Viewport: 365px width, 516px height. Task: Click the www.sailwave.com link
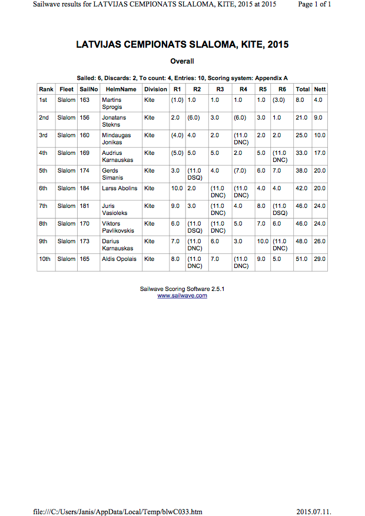(x=182, y=296)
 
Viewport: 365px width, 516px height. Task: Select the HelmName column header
(x=121, y=90)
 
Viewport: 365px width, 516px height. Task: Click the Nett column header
(x=320, y=90)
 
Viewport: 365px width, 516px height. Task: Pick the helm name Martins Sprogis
(x=112, y=104)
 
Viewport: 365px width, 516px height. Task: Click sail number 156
(x=85, y=118)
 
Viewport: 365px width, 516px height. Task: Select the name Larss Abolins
(x=120, y=188)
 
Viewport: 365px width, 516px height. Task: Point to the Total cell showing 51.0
(x=301, y=259)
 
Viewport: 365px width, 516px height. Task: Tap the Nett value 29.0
(x=320, y=259)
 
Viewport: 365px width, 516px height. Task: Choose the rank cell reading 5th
(x=44, y=171)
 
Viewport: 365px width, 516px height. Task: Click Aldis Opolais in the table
(x=119, y=259)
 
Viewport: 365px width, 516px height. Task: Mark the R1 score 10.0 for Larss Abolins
(x=176, y=188)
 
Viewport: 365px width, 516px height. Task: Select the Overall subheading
(x=182, y=61)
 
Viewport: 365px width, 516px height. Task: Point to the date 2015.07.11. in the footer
(x=314, y=511)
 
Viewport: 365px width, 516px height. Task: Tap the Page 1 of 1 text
(x=315, y=4)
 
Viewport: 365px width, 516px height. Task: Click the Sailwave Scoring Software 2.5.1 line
(x=182, y=289)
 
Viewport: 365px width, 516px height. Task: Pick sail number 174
(x=85, y=171)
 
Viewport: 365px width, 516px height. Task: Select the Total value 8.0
(x=300, y=100)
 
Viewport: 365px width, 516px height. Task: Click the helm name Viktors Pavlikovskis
(x=118, y=227)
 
